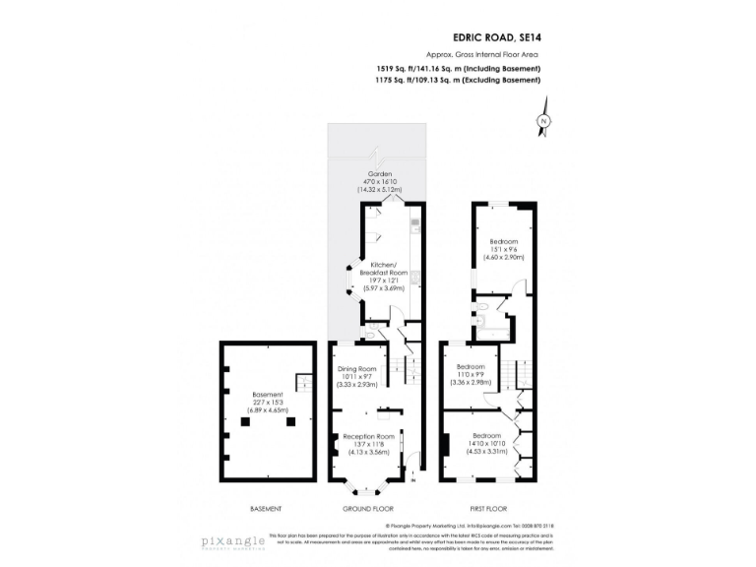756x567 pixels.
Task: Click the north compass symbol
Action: [x=542, y=121]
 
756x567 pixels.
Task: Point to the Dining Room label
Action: [x=359, y=369]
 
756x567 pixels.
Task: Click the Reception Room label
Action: [x=368, y=436]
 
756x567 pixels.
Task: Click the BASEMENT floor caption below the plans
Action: [x=266, y=509]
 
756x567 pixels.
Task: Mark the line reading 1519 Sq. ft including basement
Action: [x=458, y=69]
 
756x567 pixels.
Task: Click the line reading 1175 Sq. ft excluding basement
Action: [x=458, y=81]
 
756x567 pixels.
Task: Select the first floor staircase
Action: [x=507, y=374]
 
